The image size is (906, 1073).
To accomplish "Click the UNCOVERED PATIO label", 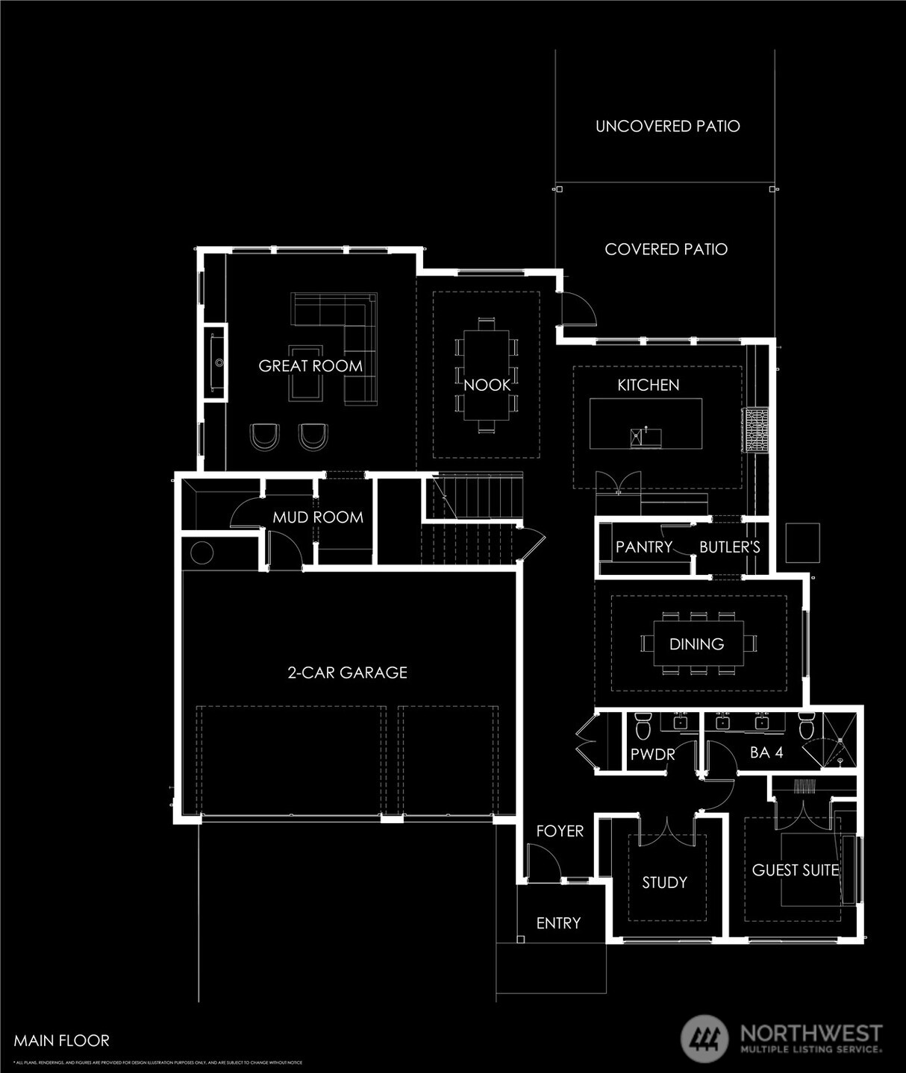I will click(667, 126).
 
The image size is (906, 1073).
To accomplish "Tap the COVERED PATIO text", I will click(666, 249).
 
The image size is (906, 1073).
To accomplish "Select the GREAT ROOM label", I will click(310, 366).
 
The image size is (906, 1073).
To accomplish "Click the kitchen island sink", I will click(646, 436).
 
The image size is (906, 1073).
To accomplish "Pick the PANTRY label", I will click(643, 547).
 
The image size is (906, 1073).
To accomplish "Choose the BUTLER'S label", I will click(729, 547).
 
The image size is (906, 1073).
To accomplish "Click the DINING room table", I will click(697, 644).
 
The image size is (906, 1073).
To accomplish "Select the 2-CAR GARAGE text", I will click(347, 673).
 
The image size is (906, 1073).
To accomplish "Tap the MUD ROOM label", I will click(318, 517).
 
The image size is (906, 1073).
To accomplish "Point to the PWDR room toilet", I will click(643, 724).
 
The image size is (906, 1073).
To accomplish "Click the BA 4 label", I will click(766, 752).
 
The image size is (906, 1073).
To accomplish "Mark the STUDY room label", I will click(664, 883).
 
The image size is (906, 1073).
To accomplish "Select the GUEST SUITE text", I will click(795, 870).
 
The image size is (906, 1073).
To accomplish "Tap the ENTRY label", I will click(558, 923).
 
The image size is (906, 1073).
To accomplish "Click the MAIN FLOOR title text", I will click(61, 1040).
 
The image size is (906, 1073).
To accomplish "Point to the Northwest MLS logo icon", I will click(705, 1037).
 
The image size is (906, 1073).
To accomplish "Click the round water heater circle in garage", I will click(201, 553).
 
